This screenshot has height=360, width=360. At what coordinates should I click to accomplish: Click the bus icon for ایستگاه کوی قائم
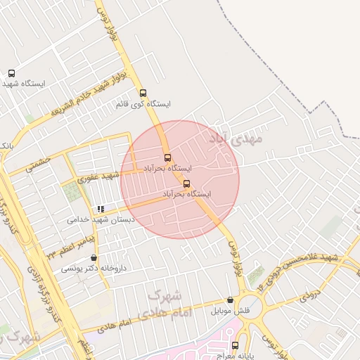[143, 93]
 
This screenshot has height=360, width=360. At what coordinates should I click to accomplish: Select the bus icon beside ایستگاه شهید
[11, 73]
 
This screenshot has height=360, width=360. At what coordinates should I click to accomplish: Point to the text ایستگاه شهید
[23, 84]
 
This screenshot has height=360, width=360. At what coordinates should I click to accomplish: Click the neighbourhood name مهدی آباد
[235, 139]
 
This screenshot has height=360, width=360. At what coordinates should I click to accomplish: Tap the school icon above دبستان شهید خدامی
[101, 209]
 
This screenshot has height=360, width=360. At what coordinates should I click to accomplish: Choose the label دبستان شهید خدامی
[99, 219]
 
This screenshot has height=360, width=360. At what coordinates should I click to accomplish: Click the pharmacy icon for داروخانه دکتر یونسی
[94, 258]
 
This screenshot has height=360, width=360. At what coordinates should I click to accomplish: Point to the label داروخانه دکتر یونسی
[89, 268]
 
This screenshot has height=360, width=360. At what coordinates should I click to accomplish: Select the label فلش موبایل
[231, 310]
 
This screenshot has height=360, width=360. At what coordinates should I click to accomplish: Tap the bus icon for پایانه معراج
[235, 345]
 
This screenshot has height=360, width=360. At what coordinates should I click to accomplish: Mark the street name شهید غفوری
[99, 176]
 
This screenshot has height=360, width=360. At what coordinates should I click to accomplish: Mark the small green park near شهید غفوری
[71, 192]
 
